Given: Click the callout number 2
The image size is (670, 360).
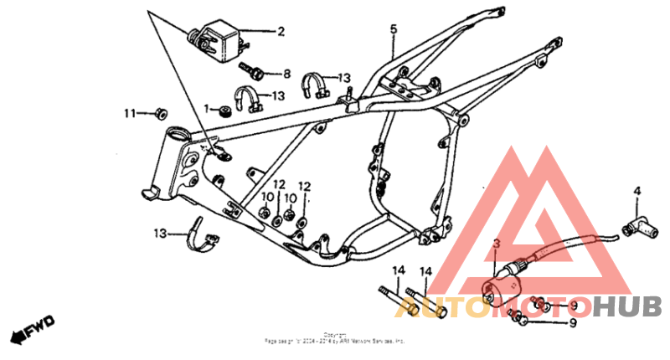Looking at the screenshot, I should (x=281, y=33).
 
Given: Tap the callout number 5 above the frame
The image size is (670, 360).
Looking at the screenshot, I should (x=393, y=29).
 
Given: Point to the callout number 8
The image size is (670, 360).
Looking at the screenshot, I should (x=286, y=74).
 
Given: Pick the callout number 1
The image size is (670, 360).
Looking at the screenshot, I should (x=206, y=108).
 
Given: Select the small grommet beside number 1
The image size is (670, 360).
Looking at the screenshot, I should (x=224, y=111).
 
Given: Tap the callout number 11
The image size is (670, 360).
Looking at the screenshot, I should (x=130, y=113).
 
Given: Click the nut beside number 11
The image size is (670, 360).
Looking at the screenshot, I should (x=161, y=112).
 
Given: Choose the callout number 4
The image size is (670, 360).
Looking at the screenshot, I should (x=636, y=192).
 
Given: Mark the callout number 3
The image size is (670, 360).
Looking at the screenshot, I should (x=496, y=244).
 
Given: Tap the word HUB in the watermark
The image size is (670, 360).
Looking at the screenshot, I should (x=628, y=306).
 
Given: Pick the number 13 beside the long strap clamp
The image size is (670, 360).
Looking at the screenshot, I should (x=160, y=232).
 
